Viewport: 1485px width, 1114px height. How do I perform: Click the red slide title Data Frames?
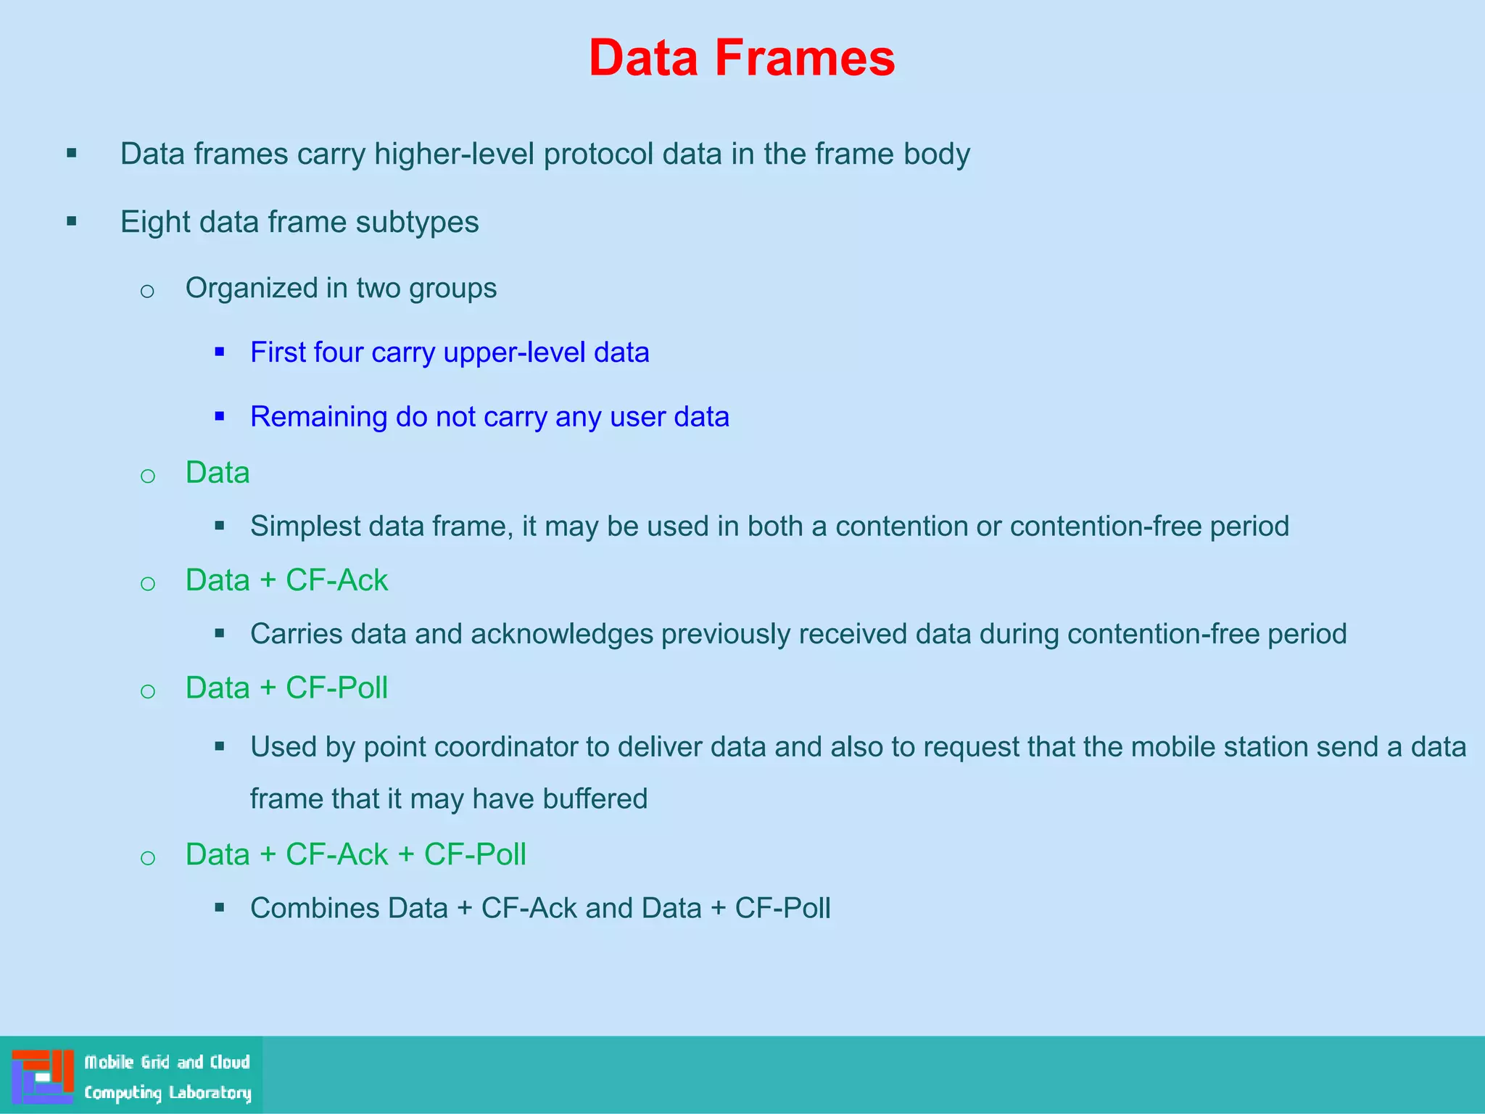(742, 58)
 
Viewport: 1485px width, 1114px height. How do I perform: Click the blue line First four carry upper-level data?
(450, 352)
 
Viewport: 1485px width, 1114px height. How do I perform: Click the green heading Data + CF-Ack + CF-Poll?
(355, 854)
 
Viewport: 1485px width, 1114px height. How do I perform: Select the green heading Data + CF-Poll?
(286, 688)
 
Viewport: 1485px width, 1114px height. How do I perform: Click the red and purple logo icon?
(43, 1076)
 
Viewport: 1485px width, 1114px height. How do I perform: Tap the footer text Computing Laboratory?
(167, 1092)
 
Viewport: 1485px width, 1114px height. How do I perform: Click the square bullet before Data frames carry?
(72, 153)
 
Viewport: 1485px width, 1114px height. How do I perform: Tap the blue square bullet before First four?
(220, 352)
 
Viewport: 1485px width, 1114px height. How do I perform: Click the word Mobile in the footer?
(109, 1062)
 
